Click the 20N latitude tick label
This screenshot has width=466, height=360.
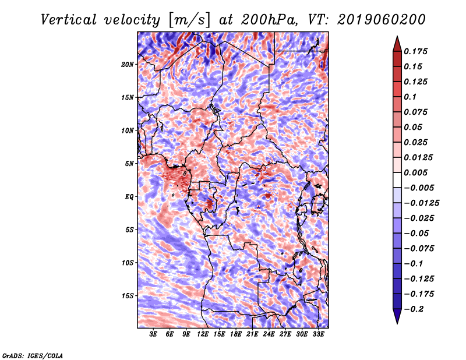coord(127,65)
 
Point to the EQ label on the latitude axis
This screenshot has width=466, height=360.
coord(129,197)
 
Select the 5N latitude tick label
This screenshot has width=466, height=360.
coord(129,164)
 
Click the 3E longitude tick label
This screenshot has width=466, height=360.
coord(153,334)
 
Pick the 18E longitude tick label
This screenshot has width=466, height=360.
coord(236,334)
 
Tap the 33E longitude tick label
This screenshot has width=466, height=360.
coord(318,334)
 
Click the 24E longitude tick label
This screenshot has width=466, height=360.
coord(269,334)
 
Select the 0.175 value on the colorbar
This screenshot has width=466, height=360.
coord(415,51)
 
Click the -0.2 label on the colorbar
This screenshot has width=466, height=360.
coord(414,309)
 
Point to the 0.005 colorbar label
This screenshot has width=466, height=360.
coord(415,172)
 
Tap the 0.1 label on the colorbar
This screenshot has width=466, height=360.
coord(410,97)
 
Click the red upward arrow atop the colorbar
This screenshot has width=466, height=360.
coord(397,44)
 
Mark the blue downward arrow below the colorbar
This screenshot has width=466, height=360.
coord(397,316)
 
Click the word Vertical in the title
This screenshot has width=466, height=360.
coord(68,20)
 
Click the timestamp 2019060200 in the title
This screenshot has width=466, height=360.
coord(382,20)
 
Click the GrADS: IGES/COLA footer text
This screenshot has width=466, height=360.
coord(33,355)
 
